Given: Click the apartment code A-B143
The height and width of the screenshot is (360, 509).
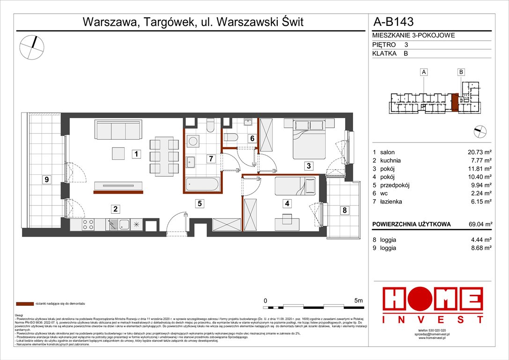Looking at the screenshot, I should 393,22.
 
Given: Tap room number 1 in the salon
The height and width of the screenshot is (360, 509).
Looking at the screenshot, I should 135,153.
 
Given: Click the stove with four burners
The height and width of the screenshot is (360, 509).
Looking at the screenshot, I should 89,225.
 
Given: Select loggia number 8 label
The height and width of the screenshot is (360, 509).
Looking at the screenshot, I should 344,210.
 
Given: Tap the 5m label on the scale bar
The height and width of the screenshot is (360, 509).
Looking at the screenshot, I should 358,300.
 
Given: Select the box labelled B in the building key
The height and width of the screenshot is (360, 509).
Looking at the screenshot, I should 461,72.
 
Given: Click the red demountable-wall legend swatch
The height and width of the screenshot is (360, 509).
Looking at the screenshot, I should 23,304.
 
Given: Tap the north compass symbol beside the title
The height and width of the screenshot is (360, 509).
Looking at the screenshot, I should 32,47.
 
